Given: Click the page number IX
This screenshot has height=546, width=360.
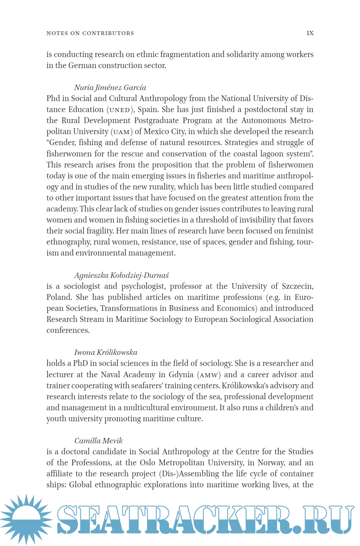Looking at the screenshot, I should pos(310,33).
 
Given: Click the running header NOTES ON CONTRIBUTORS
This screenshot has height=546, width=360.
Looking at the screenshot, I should pos(90,33).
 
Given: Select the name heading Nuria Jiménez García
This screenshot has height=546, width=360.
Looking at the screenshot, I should pos(110,87).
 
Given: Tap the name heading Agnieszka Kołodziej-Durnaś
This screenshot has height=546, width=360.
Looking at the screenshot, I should pos(121,275).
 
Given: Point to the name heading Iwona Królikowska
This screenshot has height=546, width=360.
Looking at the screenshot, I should pos(106,352).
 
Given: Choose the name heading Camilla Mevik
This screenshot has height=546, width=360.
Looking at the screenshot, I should pos(98,441).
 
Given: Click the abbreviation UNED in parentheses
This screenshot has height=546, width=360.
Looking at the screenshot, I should pos(120,110).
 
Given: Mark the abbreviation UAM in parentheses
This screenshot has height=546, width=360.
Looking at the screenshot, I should pos(121,132).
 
